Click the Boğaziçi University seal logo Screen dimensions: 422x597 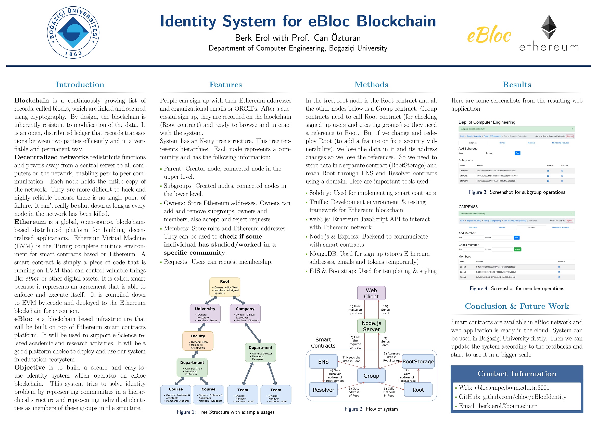pyautogui.click(x=73, y=32)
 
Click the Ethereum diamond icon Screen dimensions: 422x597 pyautogui.click(x=549, y=27)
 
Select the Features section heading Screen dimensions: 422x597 pyautogui.click(x=225, y=84)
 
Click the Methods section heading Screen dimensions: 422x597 pyautogui.click(x=371, y=84)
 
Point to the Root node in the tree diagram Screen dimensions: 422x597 pyautogui.click(x=225, y=287)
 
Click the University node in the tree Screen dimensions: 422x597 pyautogui.click(x=205, y=314)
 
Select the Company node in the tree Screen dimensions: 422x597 pyautogui.click(x=245, y=314)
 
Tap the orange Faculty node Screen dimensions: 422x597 pyautogui.click(x=198, y=341)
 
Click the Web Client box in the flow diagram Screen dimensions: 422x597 pyautogui.click(x=371, y=293)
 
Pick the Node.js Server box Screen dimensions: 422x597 pyautogui.click(x=371, y=326)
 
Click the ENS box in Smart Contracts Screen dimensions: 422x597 pyautogui.click(x=323, y=361)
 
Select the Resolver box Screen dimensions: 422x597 pyautogui.click(x=323, y=390)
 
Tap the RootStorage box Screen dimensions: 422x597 pyautogui.click(x=418, y=361)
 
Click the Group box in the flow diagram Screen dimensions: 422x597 pyautogui.click(x=371, y=375)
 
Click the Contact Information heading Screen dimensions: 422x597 pyautogui.click(x=517, y=373)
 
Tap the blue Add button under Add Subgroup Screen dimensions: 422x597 pyautogui.click(x=517, y=153)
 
